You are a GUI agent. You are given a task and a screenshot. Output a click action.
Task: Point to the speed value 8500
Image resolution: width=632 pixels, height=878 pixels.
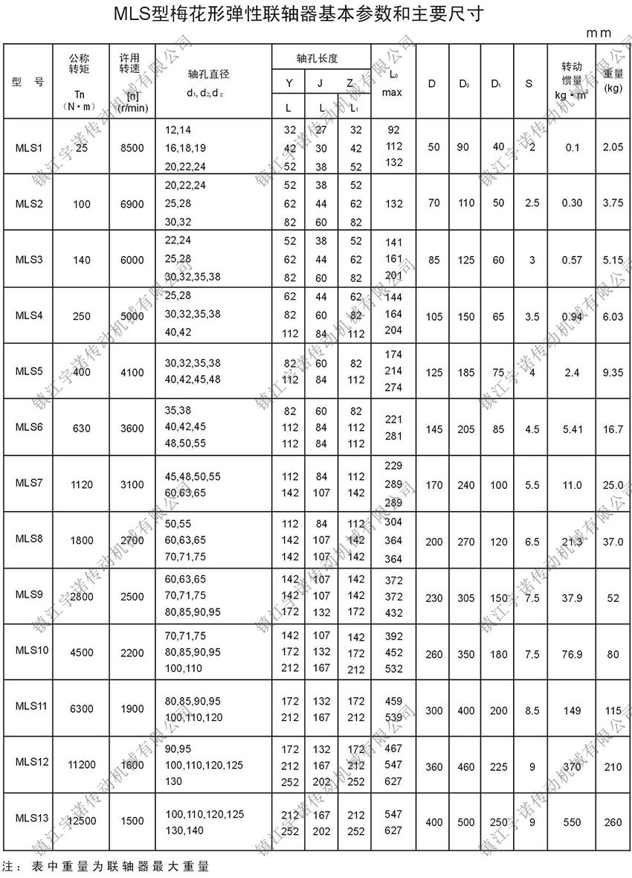click(132, 147)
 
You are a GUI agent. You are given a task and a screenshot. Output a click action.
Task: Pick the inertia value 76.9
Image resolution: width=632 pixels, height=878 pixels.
click(572, 655)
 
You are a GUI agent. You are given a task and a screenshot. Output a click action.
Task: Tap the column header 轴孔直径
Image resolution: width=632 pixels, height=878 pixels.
click(207, 74)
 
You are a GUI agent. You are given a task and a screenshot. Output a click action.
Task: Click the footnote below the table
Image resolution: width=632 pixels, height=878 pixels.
click(107, 867)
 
